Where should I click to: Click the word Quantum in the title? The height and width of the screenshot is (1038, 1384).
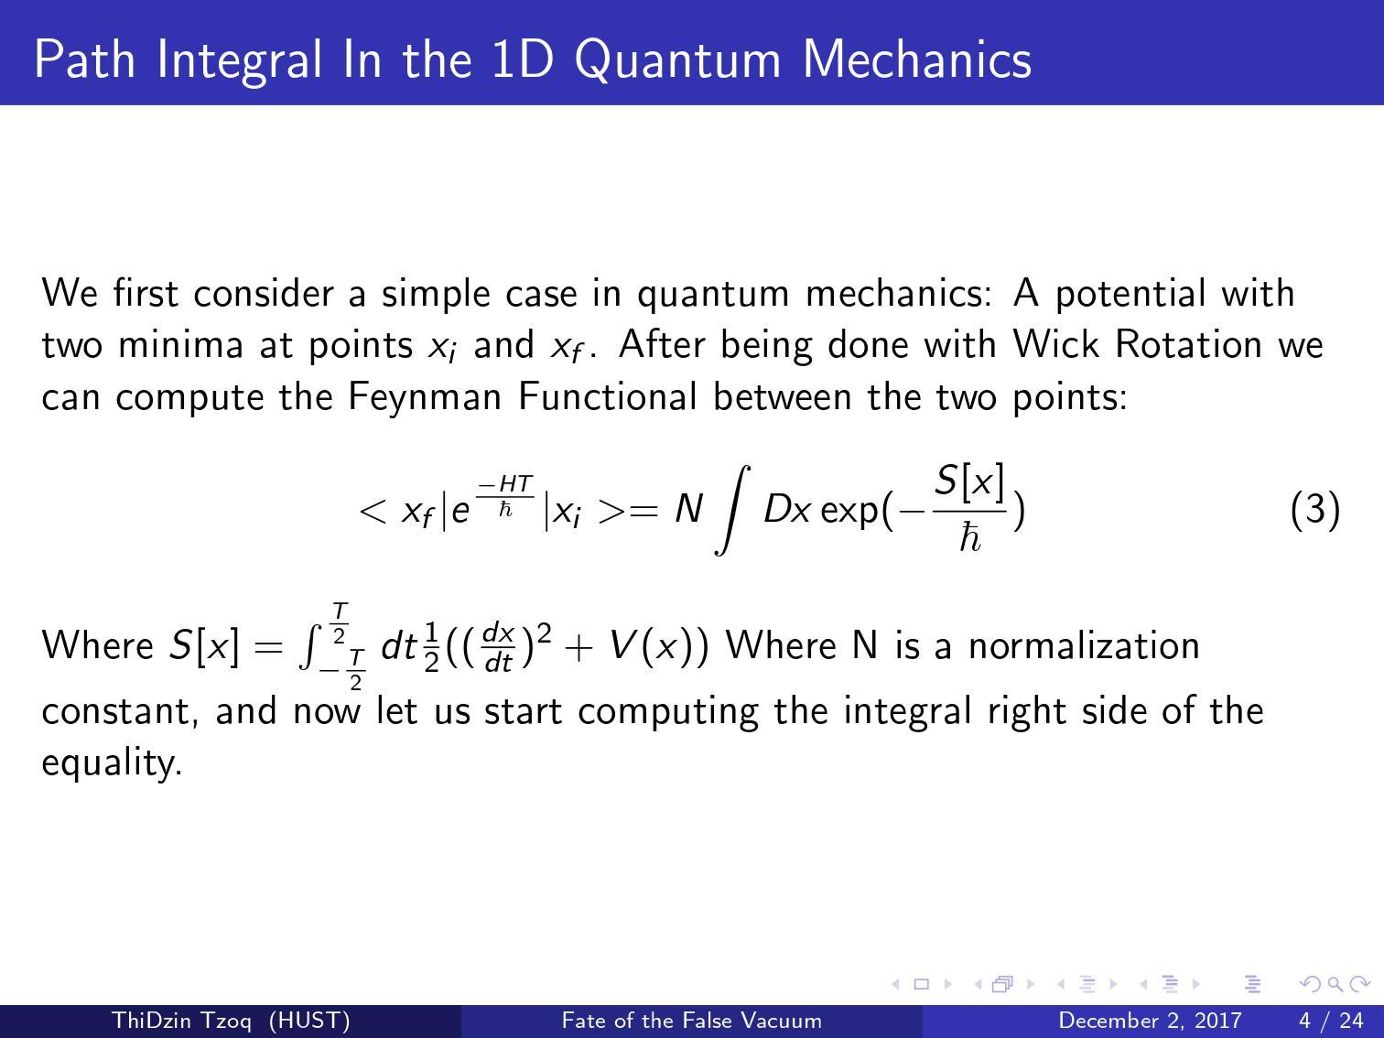(x=678, y=60)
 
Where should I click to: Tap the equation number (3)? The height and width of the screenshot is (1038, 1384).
(x=1315, y=510)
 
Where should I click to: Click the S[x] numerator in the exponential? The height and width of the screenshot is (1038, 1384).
(x=969, y=482)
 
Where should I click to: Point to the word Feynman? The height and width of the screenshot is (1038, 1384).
(x=424, y=397)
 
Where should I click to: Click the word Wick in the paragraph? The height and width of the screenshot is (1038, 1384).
(x=1055, y=344)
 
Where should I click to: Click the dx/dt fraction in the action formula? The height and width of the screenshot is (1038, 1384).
(x=498, y=646)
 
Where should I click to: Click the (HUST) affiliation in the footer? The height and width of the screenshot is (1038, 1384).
(x=309, y=1021)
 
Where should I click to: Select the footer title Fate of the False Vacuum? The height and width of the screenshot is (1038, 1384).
(x=692, y=1021)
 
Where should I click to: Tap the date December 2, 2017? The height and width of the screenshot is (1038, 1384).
(x=1150, y=1021)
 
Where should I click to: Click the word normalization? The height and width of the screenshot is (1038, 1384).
(x=1084, y=645)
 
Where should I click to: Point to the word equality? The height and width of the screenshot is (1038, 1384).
(x=112, y=762)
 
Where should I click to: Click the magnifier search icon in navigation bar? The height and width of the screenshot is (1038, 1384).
(x=1335, y=984)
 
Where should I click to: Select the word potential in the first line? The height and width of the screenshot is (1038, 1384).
(x=1129, y=294)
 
